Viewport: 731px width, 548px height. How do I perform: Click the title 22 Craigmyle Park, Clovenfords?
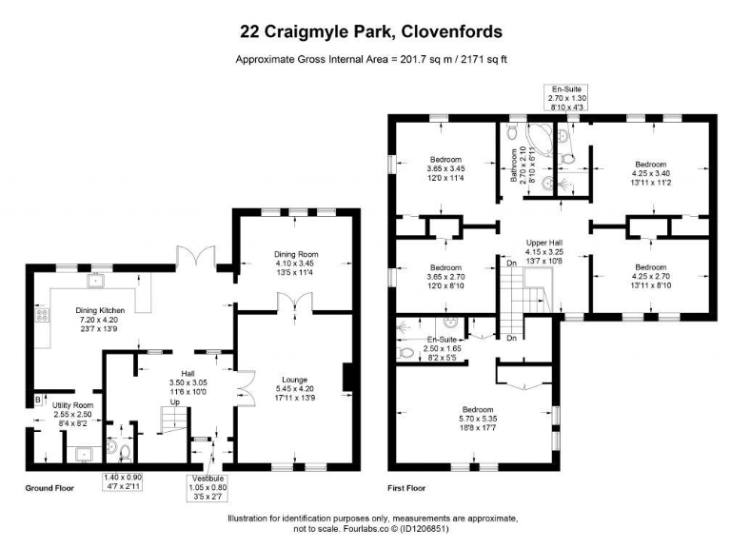371,31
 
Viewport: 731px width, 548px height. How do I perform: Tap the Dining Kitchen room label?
100,320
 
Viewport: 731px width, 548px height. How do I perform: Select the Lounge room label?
295,388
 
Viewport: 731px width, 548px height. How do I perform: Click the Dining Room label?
296,263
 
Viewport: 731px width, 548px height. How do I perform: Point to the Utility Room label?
72,414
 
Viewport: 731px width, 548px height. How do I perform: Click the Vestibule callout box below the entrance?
207,488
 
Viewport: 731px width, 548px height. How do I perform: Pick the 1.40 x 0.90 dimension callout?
123,481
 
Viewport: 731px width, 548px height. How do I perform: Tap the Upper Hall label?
544,251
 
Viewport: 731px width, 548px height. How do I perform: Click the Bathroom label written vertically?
523,165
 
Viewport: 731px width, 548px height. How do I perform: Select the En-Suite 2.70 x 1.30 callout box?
566,98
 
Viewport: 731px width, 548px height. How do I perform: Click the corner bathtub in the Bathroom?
540,140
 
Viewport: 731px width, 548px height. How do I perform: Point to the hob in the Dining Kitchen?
42,316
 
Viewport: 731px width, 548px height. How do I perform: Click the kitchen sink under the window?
95,282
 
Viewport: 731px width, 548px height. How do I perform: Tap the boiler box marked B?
38,400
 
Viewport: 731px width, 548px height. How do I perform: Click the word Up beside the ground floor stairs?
175,401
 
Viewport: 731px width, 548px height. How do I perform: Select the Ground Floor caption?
49,488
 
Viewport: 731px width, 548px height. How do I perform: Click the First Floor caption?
406,488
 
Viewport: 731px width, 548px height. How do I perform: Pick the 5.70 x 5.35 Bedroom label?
478,419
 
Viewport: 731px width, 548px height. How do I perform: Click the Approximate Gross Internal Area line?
371,60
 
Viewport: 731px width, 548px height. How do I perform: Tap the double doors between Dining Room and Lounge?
295,302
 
